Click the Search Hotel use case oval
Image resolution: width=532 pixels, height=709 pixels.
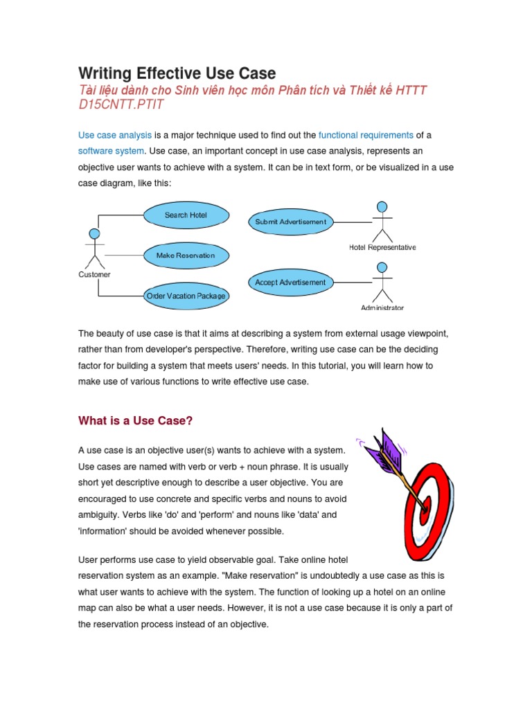pyautogui.click(x=186, y=215)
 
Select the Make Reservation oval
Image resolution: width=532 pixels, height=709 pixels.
pyautogui.click(x=186, y=255)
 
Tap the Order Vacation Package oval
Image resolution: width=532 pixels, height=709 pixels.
pyautogui.click(x=186, y=296)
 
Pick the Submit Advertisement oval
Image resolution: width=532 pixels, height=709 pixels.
pyautogui.click(x=290, y=222)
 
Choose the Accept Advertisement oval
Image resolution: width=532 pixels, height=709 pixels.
pyautogui.click(x=290, y=282)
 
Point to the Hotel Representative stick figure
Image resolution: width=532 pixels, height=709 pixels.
pyautogui.click(x=382, y=220)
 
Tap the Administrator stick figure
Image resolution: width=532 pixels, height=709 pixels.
pyautogui.click(x=382, y=281)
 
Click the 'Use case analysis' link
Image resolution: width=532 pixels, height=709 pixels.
pyautogui.click(x=114, y=135)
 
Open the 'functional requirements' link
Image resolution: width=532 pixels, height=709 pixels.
pyautogui.click(x=366, y=135)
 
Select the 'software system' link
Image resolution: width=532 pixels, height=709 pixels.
pyautogui.click(x=111, y=151)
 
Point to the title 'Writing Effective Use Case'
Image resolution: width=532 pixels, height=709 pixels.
pyautogui.click(x=177, y=73)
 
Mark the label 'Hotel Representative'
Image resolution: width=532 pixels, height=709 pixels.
pyautogui.click(x=382, y=247)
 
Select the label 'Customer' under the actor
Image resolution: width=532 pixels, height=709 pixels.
pyautogui.click(x=94, y=275)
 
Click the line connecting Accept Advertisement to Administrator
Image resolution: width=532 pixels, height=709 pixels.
pyautogui.click(x=352, y=282)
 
